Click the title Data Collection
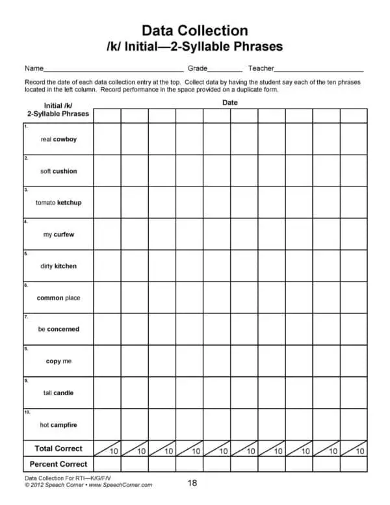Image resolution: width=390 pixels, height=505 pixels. coord(194,31)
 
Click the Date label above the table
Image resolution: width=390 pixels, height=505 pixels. coord(230,103)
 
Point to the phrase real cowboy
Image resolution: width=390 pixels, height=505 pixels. coord(58,139)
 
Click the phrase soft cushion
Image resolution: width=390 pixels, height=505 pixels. coord(58,171)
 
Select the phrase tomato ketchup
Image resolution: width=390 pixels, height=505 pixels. coord(58,203)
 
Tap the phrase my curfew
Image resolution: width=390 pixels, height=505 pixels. coord(58,235)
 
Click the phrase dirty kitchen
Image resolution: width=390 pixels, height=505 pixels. coord(58,266)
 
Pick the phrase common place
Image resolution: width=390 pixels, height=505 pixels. coord(58,298)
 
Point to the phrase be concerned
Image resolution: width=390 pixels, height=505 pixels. coord(58,330)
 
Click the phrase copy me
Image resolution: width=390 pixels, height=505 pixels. coord(58,361)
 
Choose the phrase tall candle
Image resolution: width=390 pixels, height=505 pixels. coord(58,393)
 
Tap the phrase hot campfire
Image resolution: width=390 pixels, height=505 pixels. coord(58,425)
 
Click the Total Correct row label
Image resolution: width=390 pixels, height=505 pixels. coord(58,448)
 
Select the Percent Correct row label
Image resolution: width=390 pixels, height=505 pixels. coord(58,464)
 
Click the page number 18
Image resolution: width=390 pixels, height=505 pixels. coord(192,483)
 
